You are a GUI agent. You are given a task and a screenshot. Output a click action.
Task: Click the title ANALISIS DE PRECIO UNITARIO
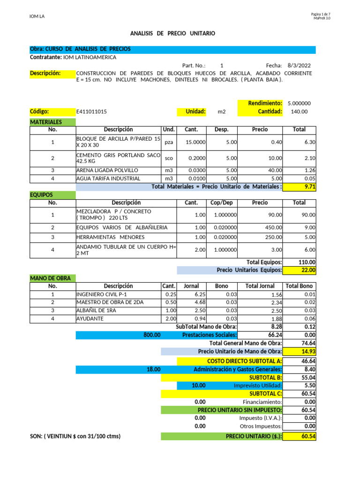(x=172, y=34)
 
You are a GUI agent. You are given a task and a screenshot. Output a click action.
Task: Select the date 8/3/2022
(x=299, y=66)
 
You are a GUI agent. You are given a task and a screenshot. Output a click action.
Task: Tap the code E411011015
(x=91, y=112)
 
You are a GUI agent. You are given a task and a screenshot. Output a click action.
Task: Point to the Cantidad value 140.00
(x=299, y=112)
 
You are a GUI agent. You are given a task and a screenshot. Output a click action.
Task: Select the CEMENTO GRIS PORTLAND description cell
(x=118, y=158)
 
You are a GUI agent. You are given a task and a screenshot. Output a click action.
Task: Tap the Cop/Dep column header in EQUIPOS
(x=222, y=202)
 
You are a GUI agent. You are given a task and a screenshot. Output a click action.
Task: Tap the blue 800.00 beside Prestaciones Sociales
(x=152, y=335)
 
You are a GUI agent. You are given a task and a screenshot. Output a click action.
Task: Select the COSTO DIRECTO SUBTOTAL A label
(x=244, y=361)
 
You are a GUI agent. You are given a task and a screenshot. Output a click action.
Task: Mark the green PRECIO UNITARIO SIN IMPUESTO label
(x=240, y=410)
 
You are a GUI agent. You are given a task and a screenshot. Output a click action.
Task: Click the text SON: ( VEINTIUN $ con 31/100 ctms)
(x=75, y=436)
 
